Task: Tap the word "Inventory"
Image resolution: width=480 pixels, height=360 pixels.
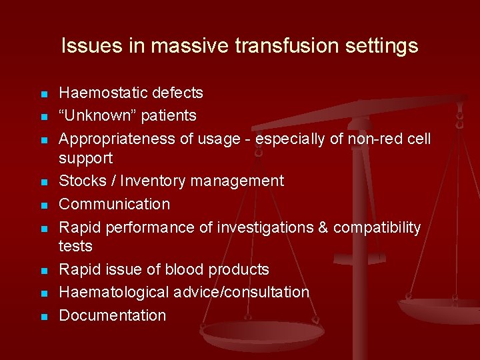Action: click(149, 181)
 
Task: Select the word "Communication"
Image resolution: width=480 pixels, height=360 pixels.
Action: click(115, 204)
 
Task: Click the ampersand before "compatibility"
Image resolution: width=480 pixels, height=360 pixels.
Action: click(323, 227)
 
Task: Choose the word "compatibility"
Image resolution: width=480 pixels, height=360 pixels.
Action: click(377, 227)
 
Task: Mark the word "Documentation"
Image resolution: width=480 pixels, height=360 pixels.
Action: click(113, 315)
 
